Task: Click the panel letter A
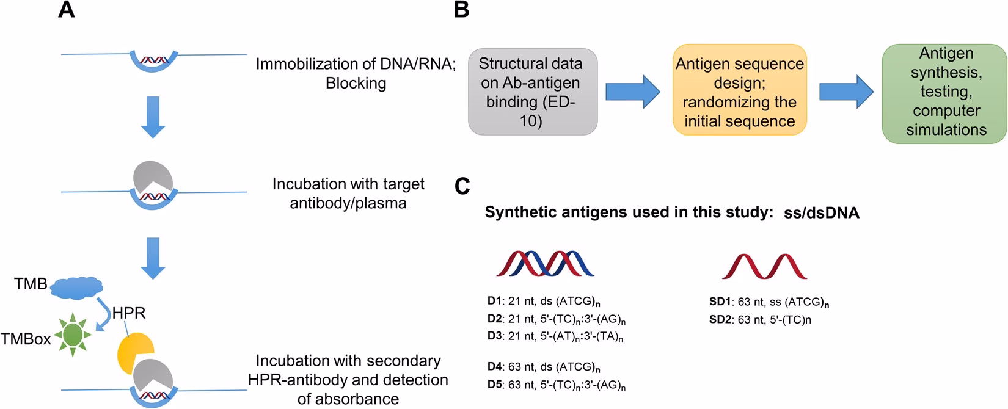(x=67, y=10)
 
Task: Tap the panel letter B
(x=462, y=10)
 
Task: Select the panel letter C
(x=462, y=186)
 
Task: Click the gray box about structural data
(x=533, y=92)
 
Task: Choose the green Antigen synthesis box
(x=944, y=92)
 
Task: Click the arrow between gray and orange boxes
(x=632, y=92)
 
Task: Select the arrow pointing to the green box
(x=846, y=92)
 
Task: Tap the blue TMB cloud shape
(x=77, y=286)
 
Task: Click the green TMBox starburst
(x=73, y=334)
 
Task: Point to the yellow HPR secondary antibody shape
(x=134, y=352)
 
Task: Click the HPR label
(x=129, y=313)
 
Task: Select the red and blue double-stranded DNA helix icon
(x=545, y=264)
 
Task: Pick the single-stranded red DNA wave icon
(x=764, y=266)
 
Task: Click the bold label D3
(x=494, y=336)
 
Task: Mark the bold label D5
(x=494, y=385)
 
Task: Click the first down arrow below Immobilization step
(x=153, y=117)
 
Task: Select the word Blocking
(x=356, y=83)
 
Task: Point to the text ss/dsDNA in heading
(x=822, y=212)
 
